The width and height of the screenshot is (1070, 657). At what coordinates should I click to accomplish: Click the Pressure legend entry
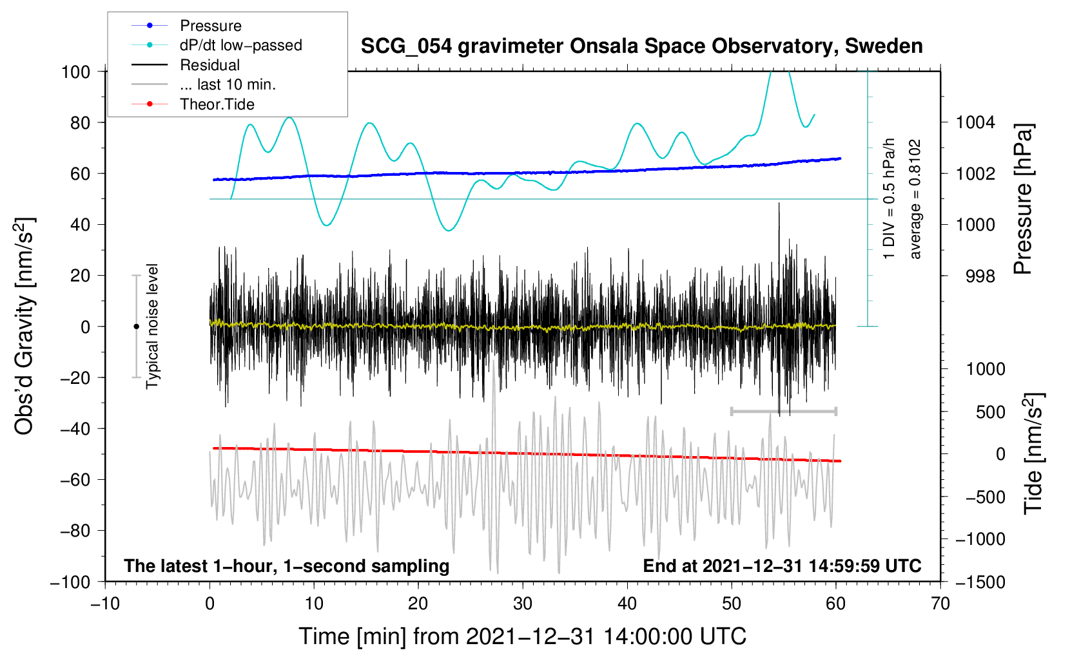(187, 25)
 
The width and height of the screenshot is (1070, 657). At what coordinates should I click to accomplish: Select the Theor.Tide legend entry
(193, 104)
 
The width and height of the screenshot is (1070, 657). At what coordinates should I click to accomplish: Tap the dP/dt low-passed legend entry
(217, 45)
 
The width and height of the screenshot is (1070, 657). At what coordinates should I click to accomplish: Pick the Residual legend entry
(186, 65)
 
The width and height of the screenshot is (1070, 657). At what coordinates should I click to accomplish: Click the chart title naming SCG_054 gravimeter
(641, 46)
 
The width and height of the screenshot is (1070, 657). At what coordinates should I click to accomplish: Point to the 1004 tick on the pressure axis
(975, 123)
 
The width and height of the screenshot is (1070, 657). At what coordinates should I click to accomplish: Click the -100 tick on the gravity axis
(70, 582)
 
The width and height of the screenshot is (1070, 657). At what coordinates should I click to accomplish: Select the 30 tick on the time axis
(523, 604)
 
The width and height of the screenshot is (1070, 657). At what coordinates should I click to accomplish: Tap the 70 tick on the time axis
(940, 604)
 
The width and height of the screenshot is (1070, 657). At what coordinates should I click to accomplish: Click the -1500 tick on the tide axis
(980, 582)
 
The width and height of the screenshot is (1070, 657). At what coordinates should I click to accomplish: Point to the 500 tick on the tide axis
(990, 412)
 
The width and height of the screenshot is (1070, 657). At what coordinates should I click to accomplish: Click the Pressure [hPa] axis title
(1024, 199)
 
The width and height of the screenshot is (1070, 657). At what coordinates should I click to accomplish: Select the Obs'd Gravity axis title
(24, 326)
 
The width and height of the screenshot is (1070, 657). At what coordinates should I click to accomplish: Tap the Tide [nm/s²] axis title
(1034, 453)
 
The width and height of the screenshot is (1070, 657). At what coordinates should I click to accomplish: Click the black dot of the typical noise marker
(136, 327)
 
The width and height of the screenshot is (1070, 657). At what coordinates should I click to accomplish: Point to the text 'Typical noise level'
(152, 327)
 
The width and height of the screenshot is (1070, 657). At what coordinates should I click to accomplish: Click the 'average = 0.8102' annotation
(915, 199)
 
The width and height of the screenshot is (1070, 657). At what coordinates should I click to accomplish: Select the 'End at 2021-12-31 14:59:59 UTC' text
(782, 566)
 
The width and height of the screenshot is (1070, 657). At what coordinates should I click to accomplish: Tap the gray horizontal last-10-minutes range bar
(783, 411)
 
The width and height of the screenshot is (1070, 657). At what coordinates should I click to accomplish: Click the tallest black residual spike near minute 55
(779, 203)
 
